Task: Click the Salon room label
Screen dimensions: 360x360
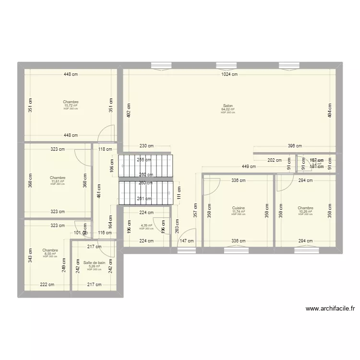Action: click(x=228, y=106)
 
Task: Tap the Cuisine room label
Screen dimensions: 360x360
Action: click(x=238, y=208)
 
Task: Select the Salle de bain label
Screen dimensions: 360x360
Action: click(x=94, y=263)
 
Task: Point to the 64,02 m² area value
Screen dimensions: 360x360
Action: click(x=228, y=109)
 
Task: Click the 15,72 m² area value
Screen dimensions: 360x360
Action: click(x=71, y=106)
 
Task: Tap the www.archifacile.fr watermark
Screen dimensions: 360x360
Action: click(x=330, y=309)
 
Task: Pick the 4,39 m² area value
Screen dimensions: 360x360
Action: click(x=146, y=226)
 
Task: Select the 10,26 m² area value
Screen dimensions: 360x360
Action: click(x=305, y=211)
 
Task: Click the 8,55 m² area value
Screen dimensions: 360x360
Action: click(x=50, y=253)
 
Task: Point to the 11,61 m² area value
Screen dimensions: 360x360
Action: click(x=57, y=181)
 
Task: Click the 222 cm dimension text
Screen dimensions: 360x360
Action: click(x=47, y=285)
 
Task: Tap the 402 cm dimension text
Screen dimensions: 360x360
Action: click(x=128, y=111)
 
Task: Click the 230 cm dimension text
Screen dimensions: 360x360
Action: click(x=146, y=146)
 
